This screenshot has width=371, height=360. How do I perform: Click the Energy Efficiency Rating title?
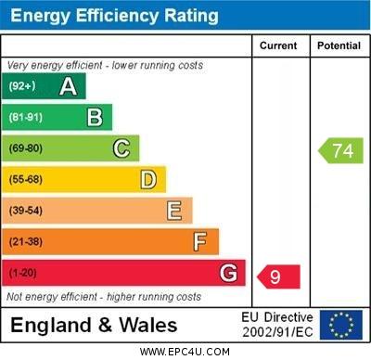(114, 16)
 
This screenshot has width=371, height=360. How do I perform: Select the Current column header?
(278, 45)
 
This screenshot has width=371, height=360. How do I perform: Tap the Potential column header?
(339, 45)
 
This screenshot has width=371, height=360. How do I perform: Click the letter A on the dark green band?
(68, 87)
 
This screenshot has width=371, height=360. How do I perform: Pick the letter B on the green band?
(95, 118)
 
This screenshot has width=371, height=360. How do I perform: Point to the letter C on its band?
(122, 148)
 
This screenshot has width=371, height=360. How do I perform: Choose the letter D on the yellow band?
(148, 180)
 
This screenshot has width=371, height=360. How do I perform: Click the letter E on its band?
(174, 212)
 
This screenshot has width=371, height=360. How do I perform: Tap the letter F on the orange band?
(200, 242)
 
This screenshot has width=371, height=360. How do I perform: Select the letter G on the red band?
(228, 274)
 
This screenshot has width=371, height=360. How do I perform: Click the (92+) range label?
(22, 87)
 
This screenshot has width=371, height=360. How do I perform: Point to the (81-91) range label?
(25, 118)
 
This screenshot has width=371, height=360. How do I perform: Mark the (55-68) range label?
(25, 180)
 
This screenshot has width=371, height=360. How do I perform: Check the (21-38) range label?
(25, 242)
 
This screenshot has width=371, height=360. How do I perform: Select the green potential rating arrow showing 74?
(341, 150)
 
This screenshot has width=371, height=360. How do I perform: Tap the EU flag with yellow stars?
(340, 325)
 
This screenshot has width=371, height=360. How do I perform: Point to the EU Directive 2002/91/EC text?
(278, 325)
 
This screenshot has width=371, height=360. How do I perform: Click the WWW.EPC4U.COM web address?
(185, 352)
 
